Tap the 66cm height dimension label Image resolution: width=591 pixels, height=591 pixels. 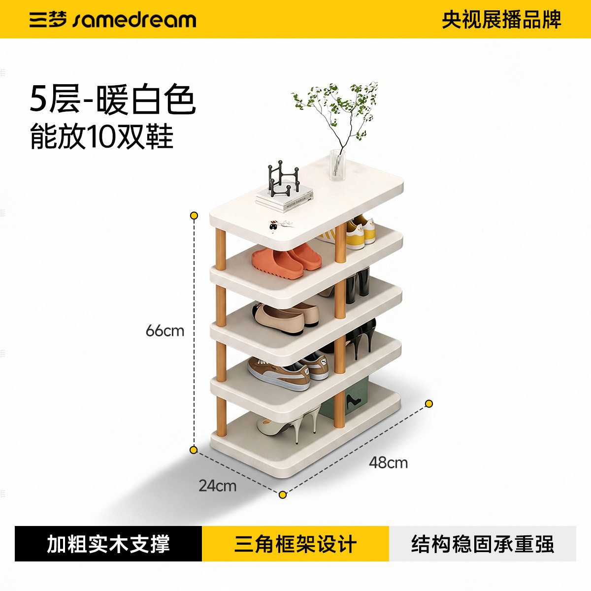[165, 331]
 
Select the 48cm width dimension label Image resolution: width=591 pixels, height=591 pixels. [388, 462]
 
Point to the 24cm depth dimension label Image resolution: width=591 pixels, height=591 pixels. [218, 486]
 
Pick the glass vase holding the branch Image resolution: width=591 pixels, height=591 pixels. [337, 165]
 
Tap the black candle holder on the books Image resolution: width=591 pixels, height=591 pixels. [283, 179]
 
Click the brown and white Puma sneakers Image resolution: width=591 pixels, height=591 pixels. [287, 371]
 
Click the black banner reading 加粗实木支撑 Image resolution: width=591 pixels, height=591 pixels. [108, 544]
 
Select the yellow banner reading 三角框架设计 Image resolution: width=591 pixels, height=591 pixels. [295, 544]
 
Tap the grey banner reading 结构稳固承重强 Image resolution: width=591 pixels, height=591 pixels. [483, 544]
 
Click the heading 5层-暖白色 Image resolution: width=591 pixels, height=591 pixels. [112, 99]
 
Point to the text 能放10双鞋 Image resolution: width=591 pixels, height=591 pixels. [101, 136]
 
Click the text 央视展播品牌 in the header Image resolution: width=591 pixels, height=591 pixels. [501, 20]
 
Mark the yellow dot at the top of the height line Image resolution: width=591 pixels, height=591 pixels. [194, 215]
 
